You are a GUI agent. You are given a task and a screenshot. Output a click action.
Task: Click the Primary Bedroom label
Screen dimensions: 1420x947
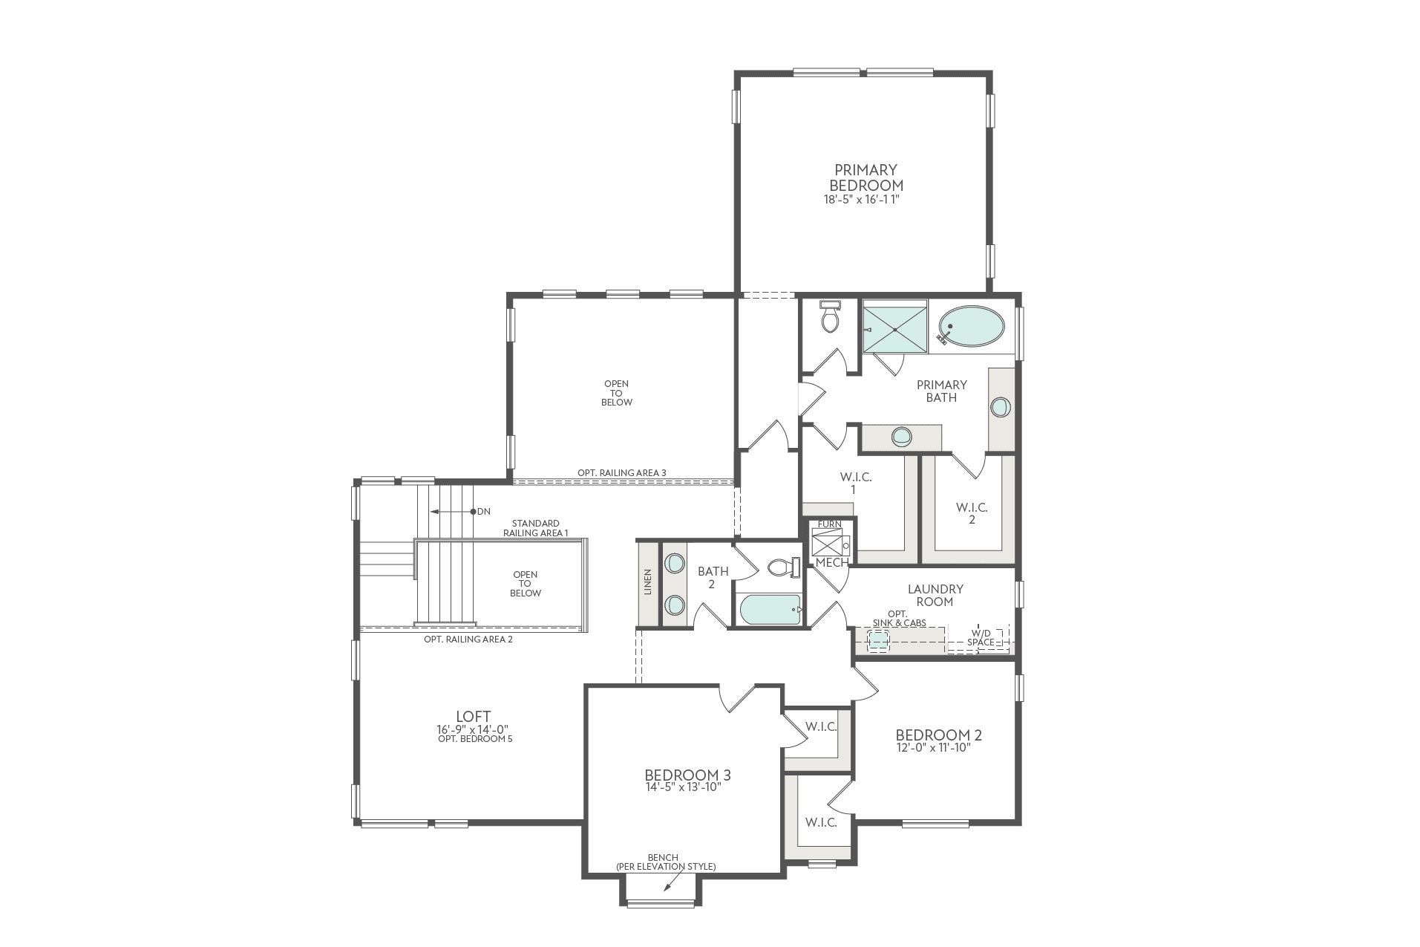tap(866, 178)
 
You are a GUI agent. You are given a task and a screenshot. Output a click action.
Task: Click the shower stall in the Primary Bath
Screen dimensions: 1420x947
tap(894, 327)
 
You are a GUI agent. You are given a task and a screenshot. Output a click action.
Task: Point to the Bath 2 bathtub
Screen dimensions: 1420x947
tap(770, 610)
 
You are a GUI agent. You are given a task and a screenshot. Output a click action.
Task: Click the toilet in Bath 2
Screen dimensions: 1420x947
tap(784, 567)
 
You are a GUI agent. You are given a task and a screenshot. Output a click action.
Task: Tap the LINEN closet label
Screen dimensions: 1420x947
tap(648, 582)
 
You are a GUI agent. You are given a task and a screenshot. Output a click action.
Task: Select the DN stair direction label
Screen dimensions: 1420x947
tap(484, 512)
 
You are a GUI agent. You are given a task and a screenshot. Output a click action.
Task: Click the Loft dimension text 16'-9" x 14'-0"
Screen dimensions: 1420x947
tap(473, 729)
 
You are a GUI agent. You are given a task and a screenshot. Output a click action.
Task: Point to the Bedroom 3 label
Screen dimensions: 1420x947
tap(687, 775)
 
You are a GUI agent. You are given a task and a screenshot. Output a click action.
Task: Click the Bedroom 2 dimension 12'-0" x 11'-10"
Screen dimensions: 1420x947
tap(934, 748)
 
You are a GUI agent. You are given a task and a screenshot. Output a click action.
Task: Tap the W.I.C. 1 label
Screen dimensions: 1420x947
tap(856, 483)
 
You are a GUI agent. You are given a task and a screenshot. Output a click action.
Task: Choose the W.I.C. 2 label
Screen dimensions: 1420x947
tap(972, 513)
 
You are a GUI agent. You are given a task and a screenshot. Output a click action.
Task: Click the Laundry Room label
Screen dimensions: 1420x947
tap(935, 595)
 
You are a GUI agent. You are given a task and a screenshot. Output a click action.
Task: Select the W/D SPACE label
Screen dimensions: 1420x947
tap(981, 638)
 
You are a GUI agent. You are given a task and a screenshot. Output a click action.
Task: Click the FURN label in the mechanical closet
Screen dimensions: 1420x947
tap(830, 524)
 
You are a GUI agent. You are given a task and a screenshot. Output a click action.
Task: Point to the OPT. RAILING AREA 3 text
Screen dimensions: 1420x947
tap(622, 472)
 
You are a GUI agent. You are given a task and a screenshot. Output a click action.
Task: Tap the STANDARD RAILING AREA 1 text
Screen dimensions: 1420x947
tap(535, 528)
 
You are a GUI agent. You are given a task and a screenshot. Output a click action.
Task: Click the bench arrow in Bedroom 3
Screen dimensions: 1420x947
tap(673, 881)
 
